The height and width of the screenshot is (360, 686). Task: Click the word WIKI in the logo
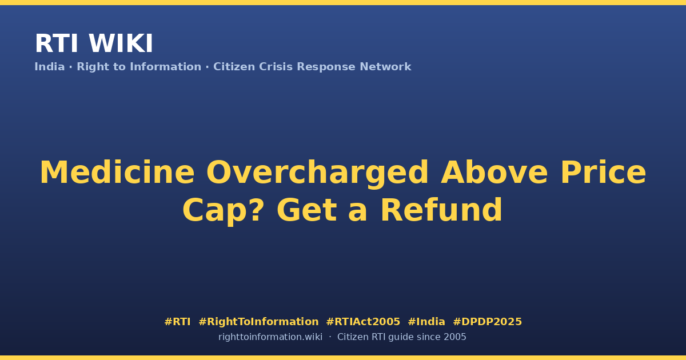(x=121, y=43)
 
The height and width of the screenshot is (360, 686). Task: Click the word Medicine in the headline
(x=117, y=173)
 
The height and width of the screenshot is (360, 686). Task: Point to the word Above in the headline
(x=494, y=173)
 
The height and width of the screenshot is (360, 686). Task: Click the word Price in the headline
(x=603, y=173)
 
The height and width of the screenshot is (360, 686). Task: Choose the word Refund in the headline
(x=441, y=210)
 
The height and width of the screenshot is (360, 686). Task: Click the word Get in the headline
(x=307, y=210)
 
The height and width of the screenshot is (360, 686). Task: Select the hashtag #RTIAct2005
(x=363, y=322)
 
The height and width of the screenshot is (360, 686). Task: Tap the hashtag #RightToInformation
(x=258, y=322)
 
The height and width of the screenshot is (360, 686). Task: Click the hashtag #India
(x=426, y=322)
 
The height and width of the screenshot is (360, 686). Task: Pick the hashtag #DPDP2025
(x=487, y=322)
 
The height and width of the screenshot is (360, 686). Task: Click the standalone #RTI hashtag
(x=177, y=322)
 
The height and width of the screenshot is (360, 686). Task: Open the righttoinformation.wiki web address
(x=270, y=337)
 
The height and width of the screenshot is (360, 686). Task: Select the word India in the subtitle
(x=50, y=67)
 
